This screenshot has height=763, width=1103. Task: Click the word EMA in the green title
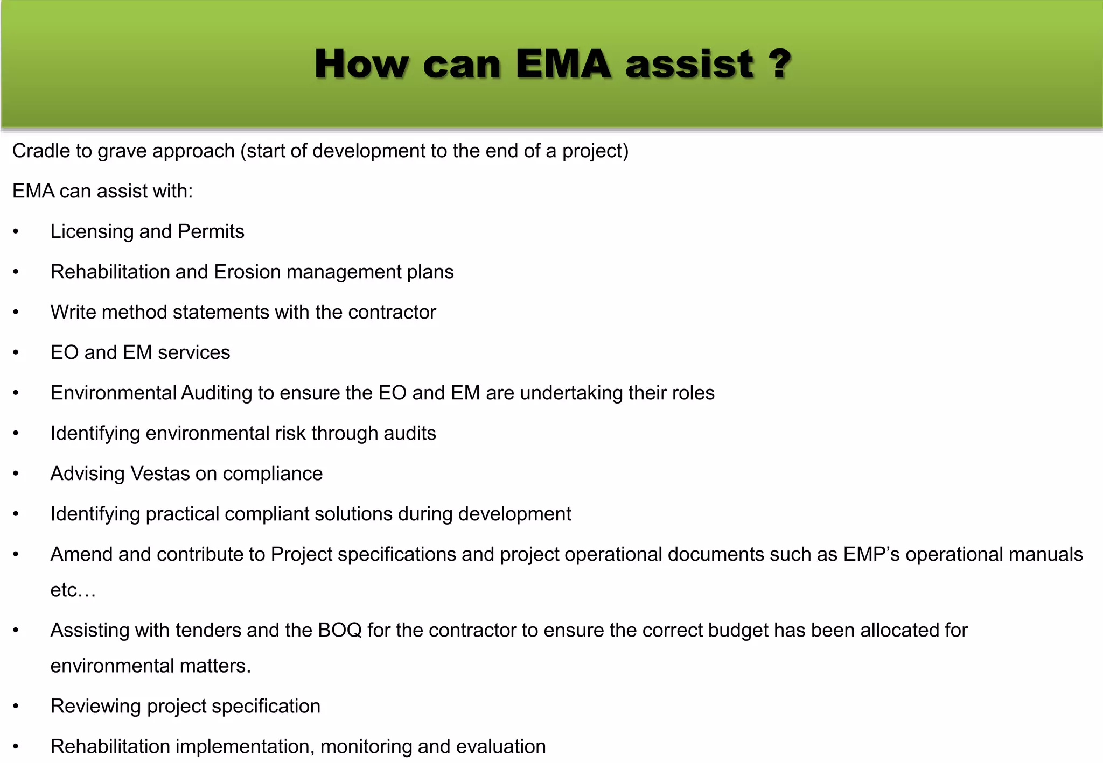563,64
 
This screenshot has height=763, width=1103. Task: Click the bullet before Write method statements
16,313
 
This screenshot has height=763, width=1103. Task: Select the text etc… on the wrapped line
73,591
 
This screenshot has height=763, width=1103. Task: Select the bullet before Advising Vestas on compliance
16,474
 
